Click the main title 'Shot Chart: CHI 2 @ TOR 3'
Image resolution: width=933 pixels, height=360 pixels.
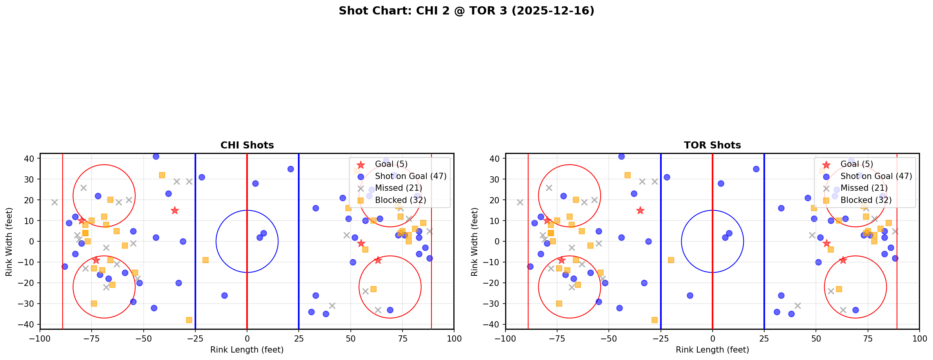tap(466, 11)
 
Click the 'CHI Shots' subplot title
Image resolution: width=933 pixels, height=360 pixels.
tap(247, 145)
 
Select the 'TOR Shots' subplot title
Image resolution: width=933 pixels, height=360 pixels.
tap(712, 145)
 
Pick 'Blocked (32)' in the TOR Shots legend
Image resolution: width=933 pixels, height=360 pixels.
tap(866, 200)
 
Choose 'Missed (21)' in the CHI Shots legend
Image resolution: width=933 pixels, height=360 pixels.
tap(398, 188)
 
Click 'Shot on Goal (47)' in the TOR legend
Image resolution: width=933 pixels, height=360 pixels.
tap(876, 176)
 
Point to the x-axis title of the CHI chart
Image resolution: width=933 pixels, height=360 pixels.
tap(247, 350)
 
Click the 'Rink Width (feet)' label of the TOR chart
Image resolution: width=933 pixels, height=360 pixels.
tap(475, 242)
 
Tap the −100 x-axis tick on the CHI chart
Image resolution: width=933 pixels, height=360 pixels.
tap(40, 338)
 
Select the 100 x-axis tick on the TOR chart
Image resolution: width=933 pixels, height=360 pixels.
tap(919, 338)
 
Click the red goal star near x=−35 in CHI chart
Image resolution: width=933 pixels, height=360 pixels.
tap(175, 211)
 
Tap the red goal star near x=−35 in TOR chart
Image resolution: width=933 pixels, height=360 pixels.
tap(640, 211)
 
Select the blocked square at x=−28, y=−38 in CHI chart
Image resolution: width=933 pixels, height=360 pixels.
tap(189, 320)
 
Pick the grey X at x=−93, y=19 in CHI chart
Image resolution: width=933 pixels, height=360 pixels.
tap(54, 202)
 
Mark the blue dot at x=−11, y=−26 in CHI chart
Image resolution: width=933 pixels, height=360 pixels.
tap(224, 295)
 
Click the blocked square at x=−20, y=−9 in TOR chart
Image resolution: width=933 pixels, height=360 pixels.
tap(671, 260)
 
